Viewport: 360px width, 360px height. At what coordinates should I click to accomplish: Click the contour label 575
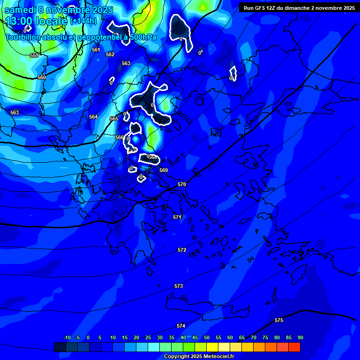click(279, 320)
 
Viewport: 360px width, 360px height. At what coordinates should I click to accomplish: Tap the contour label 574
click(181, 326)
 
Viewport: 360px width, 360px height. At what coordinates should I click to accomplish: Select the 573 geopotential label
click(179, 286)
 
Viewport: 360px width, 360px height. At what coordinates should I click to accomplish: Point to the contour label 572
click(182, 250)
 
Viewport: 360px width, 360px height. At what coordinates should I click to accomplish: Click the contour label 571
click(177, 217)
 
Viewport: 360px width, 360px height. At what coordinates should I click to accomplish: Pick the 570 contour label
click(182, 184)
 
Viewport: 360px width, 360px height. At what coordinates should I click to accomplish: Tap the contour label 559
click(34, 55)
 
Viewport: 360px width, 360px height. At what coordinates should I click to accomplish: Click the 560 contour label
click(42, 77)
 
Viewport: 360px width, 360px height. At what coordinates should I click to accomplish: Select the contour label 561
click(96, 50)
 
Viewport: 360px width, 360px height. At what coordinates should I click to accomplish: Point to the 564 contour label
click(93, 117)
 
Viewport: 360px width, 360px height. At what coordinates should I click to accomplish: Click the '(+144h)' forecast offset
click(83, 21)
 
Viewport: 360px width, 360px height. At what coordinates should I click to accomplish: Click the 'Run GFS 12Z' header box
click(299, 8)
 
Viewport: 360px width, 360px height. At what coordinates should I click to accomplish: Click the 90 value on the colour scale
click(300, 337)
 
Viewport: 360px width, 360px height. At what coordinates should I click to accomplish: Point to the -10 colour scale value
click(67, 337)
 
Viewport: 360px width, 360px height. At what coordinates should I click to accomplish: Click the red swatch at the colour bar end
click(294, 347)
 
